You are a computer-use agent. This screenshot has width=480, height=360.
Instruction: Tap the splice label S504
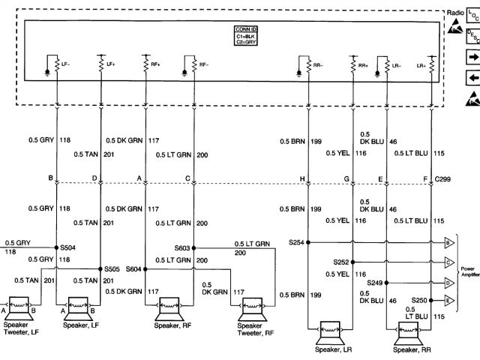point(68,247)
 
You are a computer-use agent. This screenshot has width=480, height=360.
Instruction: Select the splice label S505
point(112,268)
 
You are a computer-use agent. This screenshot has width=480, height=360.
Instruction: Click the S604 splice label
point(133,268)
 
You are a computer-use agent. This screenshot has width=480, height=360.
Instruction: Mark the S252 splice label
point(341,262)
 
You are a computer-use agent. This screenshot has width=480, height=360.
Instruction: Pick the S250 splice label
point(419,300)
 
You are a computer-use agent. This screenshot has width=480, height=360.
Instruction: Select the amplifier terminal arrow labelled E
point(448,301)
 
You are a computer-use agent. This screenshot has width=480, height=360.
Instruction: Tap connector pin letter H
point(302,179)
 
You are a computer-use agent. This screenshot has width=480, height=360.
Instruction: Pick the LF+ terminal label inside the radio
point(110,64)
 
